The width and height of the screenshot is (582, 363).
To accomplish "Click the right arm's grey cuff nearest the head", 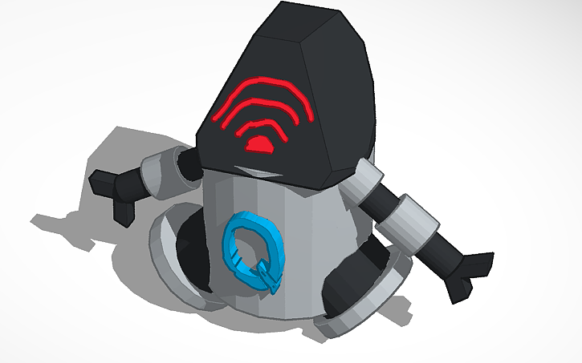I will [368, 179].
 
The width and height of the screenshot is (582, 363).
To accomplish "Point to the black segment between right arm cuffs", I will [389, 200].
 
